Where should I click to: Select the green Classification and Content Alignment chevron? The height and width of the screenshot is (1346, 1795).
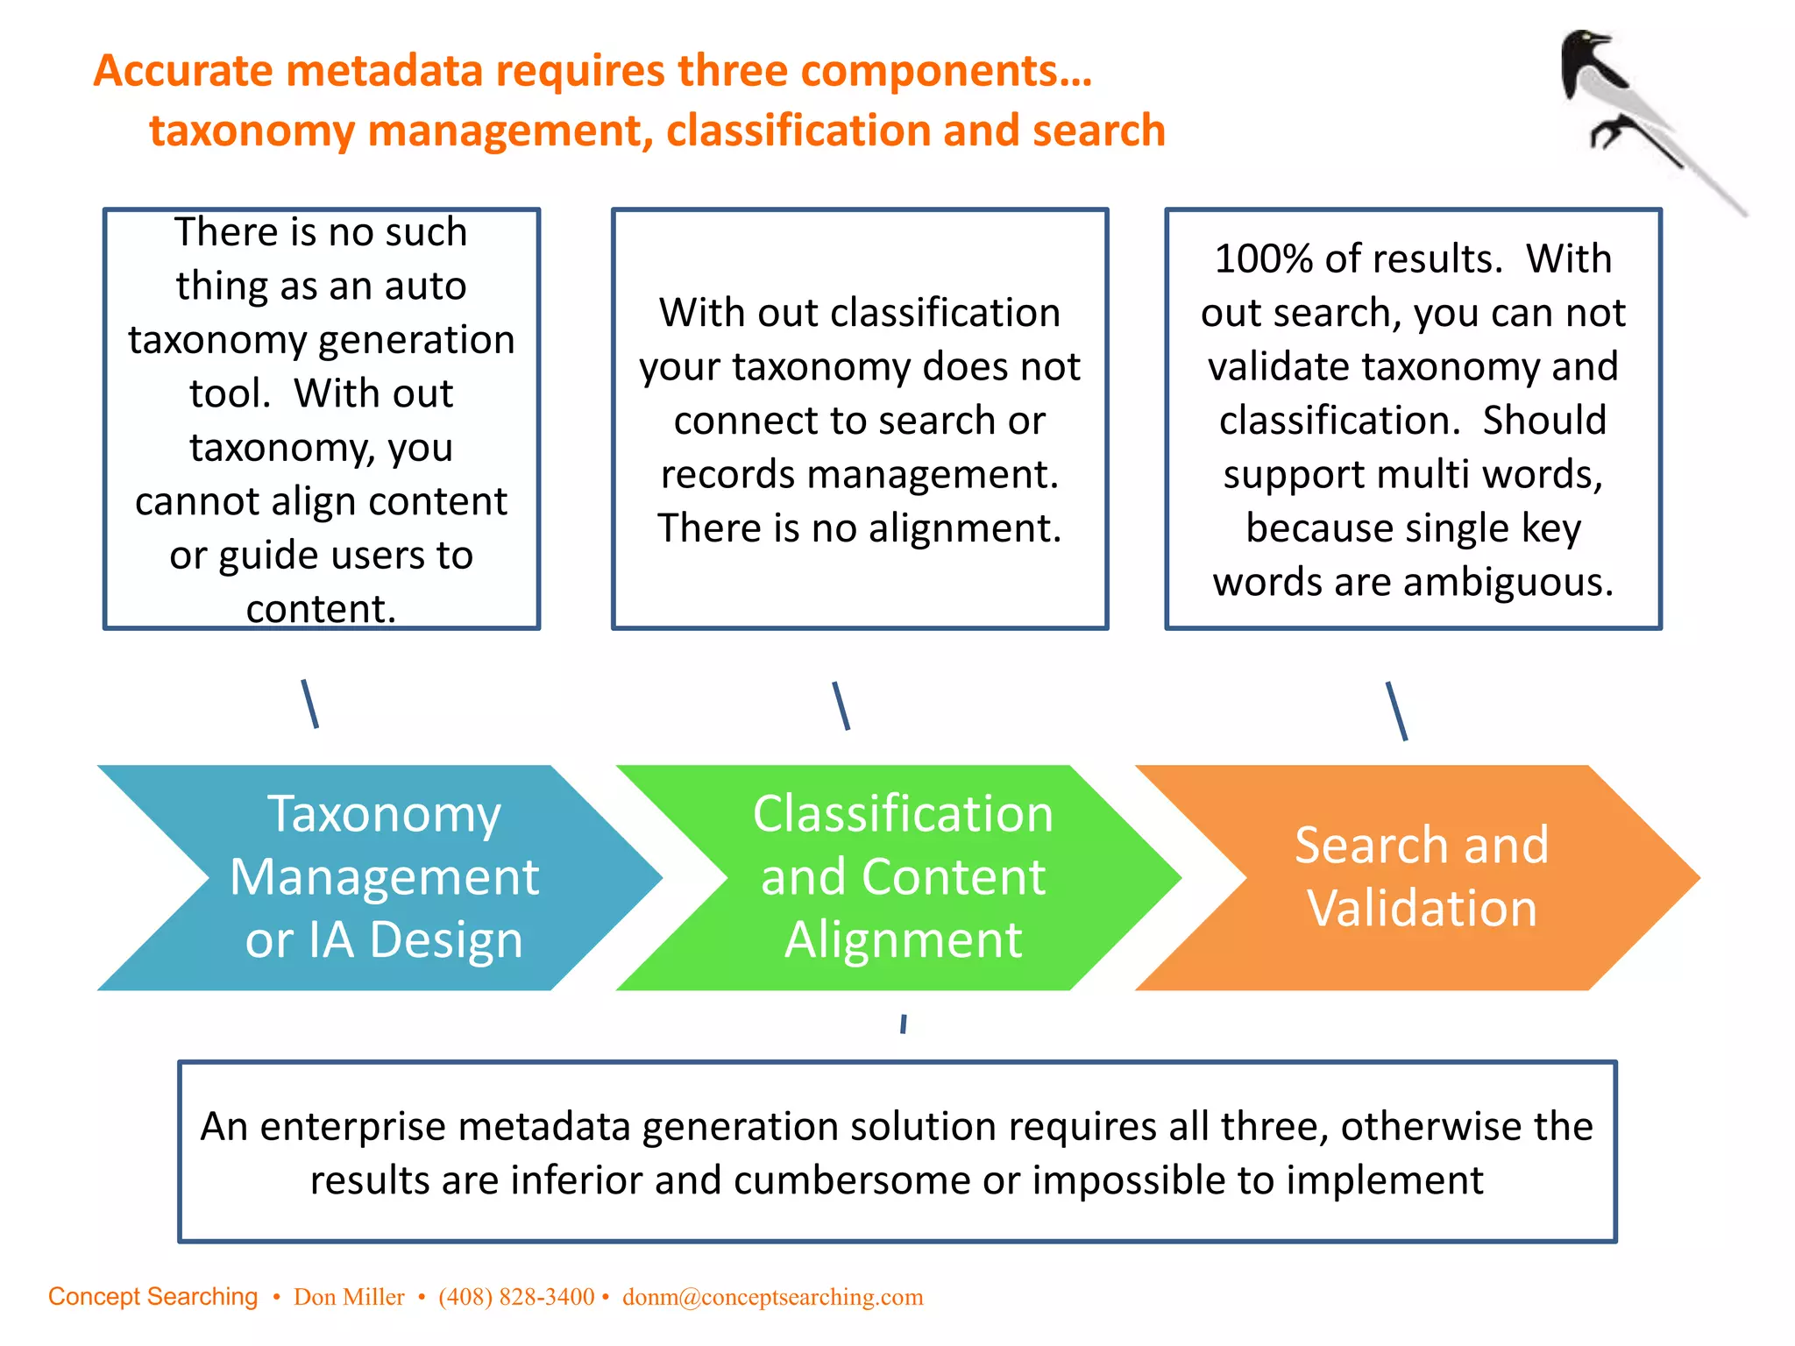[x=902, y=877]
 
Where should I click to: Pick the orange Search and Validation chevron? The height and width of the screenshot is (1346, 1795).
[x=1421, y=877]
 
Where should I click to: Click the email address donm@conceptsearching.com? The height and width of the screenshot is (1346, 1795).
[x=772, y=1297]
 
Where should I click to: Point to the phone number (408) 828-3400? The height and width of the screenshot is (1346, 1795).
[x=516, y=1297]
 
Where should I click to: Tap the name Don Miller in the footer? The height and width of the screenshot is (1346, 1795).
[x=349, y=1297]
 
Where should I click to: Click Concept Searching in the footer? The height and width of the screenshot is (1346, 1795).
[x=153, y=1297]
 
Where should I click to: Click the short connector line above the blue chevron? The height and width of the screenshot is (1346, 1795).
[x=310, y=704]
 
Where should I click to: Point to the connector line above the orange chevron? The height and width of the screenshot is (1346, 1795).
[x=1397, y=711]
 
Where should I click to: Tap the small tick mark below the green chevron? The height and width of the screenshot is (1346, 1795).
[x=903, y=1024]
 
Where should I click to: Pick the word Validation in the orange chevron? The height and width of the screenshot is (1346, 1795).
[x=1422, y=909]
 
